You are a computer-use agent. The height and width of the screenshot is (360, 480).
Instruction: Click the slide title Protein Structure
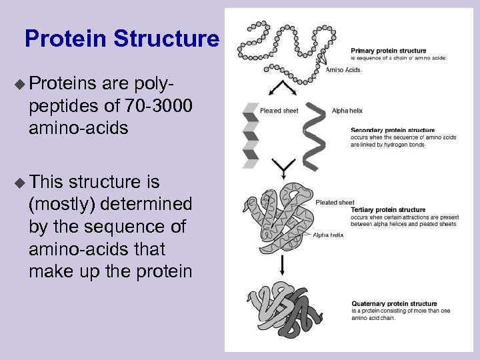[121, 39]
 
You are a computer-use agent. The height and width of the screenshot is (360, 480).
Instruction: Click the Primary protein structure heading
[389, 51]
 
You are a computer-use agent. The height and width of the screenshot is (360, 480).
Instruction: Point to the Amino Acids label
[343, 70]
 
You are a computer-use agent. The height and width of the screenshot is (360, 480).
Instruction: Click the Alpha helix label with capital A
[347, 111]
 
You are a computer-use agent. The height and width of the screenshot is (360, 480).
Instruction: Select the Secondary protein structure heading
[393, 131]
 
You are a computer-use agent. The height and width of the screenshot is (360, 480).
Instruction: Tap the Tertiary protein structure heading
[387, 210]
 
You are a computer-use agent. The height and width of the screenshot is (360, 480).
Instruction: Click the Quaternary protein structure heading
[394, 304]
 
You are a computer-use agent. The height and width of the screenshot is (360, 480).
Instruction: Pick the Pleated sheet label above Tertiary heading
[335, 202]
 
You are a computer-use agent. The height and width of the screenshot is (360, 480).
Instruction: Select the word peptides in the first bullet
[58, 106]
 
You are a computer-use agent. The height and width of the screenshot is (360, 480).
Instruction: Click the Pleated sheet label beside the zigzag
[279, 111]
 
